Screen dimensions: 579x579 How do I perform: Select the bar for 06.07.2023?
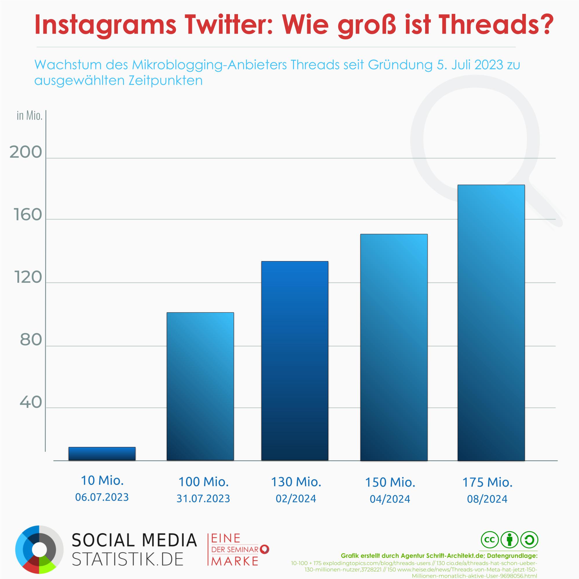pos(102,453)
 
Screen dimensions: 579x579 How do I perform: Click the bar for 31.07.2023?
pos(200,386)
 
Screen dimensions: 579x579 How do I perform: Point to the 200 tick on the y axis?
pos(26,153)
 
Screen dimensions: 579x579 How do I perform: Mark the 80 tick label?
pos(31,340)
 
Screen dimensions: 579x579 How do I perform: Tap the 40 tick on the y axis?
pos(31,402)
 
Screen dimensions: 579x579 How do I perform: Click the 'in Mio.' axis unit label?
pos(29,116)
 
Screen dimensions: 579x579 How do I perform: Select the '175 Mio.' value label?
pos(487,482)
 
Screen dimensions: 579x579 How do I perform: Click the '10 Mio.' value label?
pos(102,480)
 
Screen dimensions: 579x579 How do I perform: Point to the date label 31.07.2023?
pos(203,499)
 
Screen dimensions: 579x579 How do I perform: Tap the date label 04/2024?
pos(390,499)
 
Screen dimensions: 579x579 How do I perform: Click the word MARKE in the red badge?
pos(235,561)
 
